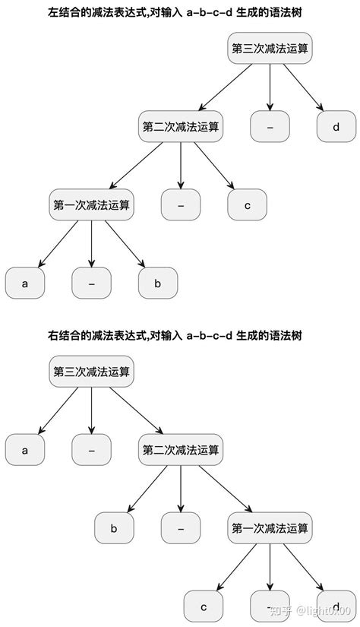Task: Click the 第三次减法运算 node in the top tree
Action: (x=270, y=49)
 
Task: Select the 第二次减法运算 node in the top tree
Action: (x=181, y=127)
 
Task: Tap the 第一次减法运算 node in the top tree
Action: (x=91, y=205)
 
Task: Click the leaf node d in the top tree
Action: (x=336, y=127)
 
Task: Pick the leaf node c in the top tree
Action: (x=247, y=205)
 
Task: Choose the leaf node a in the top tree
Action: (x=24, y=283)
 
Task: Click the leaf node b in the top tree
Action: (x=158, y=283)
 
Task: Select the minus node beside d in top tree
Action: (x=270, y=127)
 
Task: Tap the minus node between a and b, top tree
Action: (x=91, y=283)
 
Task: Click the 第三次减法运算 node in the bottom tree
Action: (x=91, y=372)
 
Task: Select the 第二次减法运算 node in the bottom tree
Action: (x=181, y=451)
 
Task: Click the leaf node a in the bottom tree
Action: (x=24, y=451)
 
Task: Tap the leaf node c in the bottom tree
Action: (x=203, y=607)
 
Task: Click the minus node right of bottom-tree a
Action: (x=91, y=451)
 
